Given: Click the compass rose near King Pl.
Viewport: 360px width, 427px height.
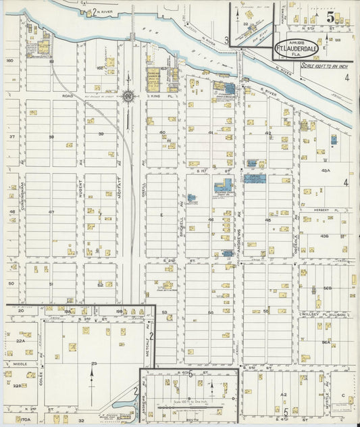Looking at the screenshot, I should (x=128, y=96).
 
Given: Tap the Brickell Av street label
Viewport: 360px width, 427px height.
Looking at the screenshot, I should (x=182, y=214).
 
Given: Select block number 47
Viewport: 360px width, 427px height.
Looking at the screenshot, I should (x=51, y=212).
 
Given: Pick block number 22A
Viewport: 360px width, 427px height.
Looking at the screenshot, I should (x=20, y=341).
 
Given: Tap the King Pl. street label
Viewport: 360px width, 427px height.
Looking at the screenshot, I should (x=157, y=97).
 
